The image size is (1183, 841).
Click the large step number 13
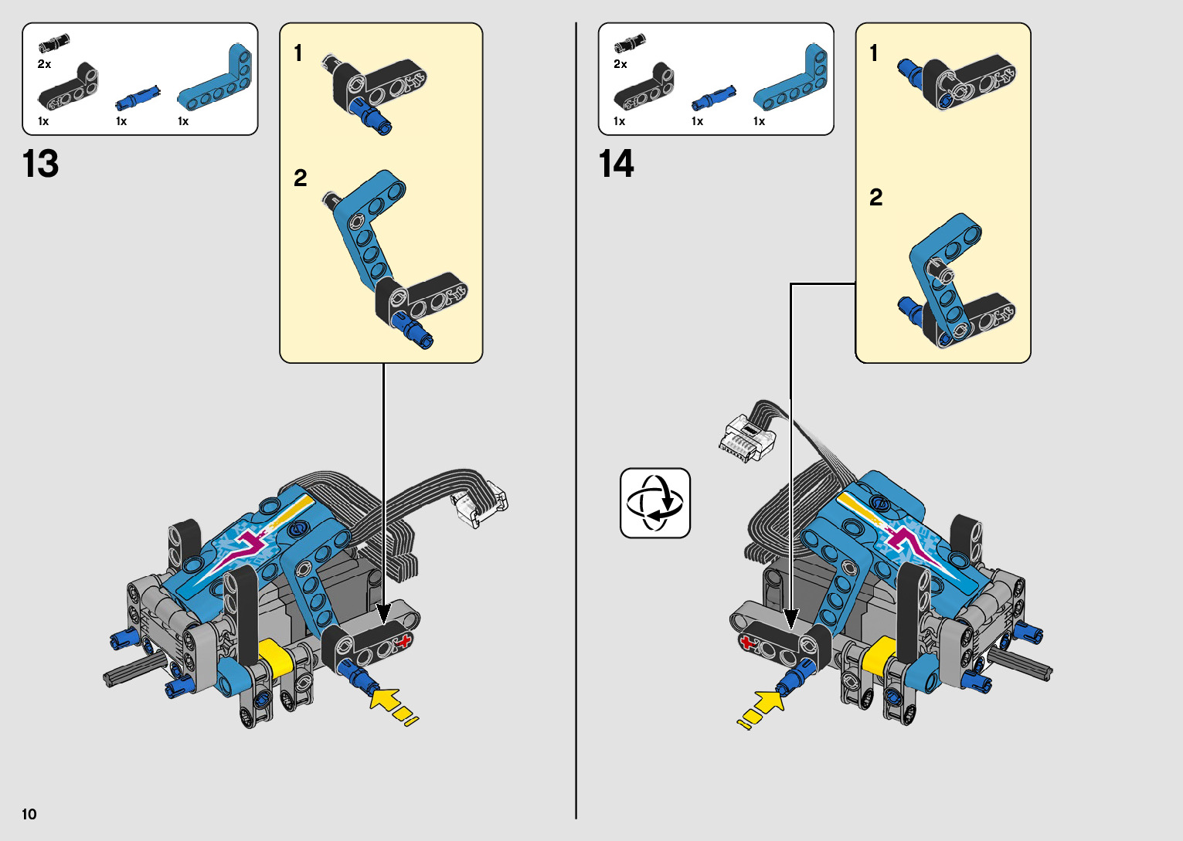coord(41,164)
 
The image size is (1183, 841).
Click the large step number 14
coord(617,164)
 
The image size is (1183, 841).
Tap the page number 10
coord(29,814)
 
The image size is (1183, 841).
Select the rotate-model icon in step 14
coord(655,504)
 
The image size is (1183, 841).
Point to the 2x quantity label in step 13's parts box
coord(45,64)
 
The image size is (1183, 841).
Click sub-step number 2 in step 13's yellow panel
coord(301,178)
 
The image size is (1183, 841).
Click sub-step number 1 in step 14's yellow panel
coord(874,53)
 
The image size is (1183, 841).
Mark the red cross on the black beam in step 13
coord(403,639)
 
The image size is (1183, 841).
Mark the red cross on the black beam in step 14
coord(747,643)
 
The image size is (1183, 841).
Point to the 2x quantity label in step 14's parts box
coord(620,64)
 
